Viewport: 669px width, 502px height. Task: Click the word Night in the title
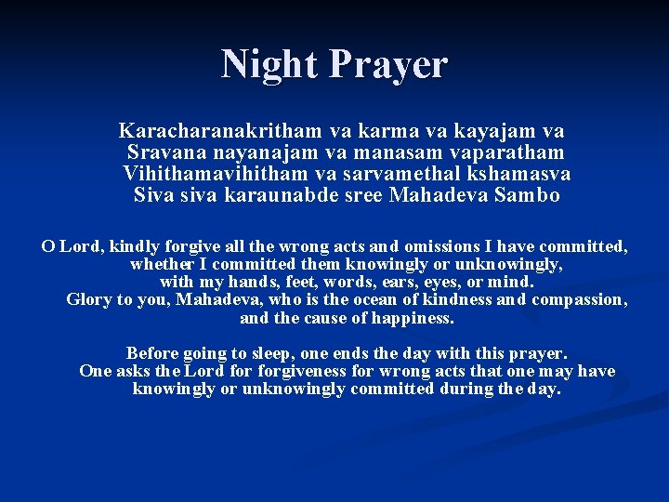(269, 64)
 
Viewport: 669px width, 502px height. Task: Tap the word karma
(369, 131)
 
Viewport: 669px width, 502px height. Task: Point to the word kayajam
(485, 131)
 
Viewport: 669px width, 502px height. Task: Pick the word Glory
(89, 299)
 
